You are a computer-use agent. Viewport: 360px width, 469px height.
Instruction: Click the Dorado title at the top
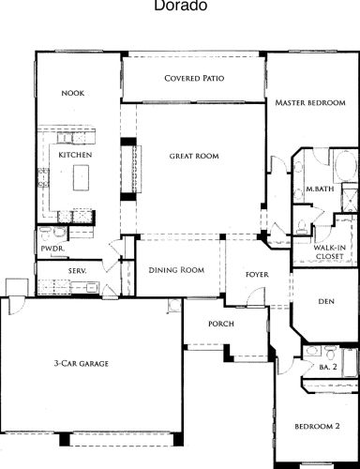(181, 6)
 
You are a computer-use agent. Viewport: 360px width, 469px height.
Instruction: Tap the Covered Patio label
(194, 78)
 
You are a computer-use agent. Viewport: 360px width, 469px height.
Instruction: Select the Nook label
(73, 93)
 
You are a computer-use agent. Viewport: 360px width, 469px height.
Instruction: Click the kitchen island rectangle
(82, 177)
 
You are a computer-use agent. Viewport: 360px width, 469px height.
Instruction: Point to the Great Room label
(194, 156)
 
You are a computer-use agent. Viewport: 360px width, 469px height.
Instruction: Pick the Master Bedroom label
(310, 102)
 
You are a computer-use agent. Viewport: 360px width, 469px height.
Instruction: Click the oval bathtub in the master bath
(345, 166)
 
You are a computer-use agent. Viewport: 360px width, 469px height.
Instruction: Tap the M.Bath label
(320, 189)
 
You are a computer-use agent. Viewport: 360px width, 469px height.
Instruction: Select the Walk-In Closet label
(330, 252)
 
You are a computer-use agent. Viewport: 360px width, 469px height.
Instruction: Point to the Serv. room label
(77, 271)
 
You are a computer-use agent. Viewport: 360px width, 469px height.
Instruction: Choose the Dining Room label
(176, 270)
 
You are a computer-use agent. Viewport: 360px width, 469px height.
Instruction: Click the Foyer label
(257, 275)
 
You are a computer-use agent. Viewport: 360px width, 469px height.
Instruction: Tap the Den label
(326, 301)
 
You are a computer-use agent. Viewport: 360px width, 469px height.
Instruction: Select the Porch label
(221, 324)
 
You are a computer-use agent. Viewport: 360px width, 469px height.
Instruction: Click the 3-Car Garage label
(82, 363)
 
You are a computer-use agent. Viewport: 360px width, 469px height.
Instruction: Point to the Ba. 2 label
(328, 367)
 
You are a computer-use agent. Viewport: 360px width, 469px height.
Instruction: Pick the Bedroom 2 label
(317, 426)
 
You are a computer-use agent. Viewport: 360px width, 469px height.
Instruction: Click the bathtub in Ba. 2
(351, 363)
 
